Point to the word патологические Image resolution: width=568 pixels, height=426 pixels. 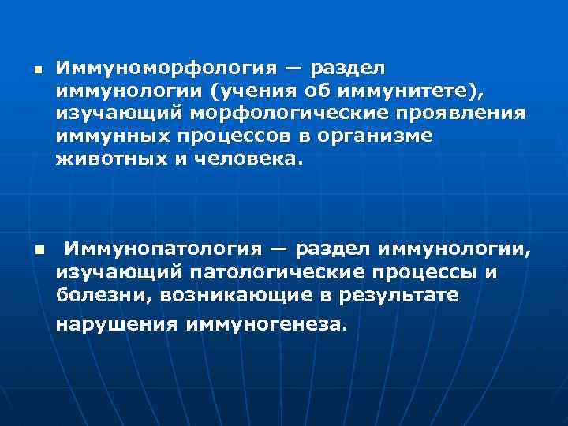(x=277, y=272)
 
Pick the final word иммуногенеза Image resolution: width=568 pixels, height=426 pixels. (x=267, y=324)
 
